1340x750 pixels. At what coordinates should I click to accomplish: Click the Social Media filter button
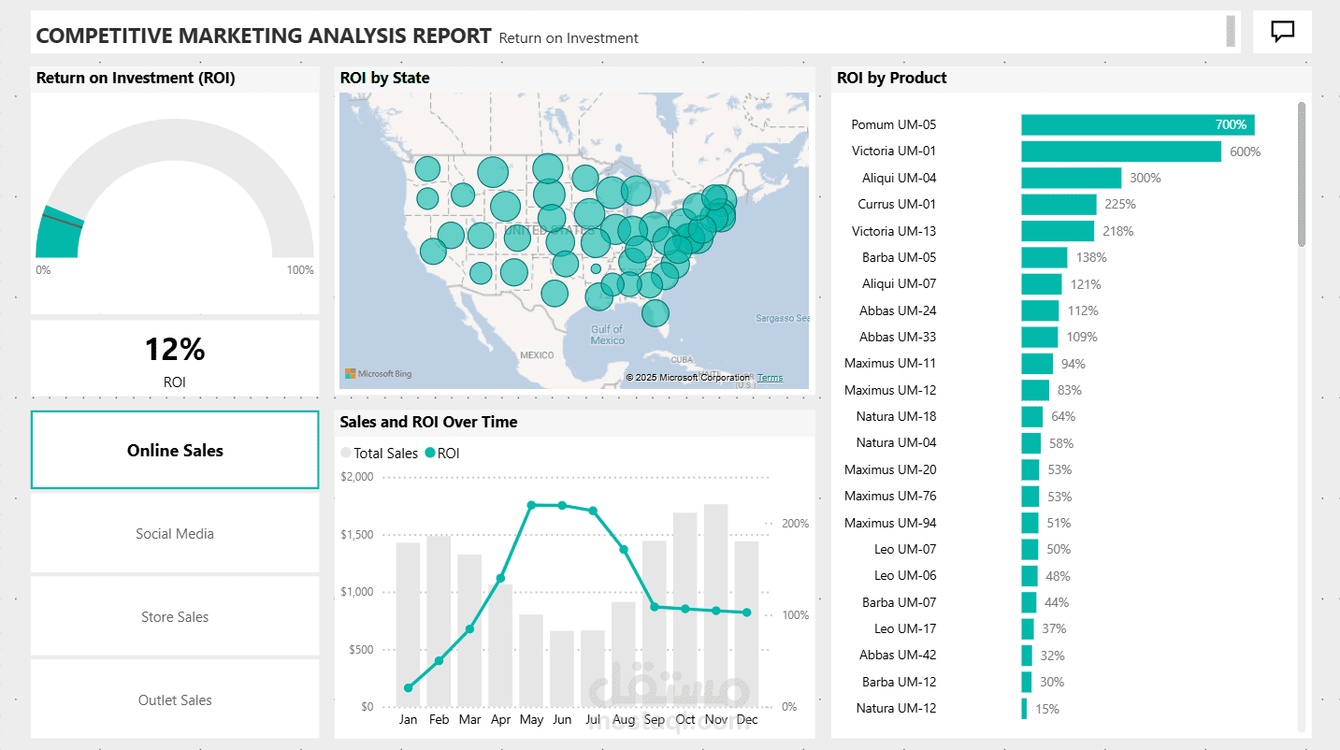[x=175, y=533]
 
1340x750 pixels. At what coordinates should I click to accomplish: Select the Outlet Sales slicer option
[x=175, y=700]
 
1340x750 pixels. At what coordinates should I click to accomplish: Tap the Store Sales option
[x=175, y=616]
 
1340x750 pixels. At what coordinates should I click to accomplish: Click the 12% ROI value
[x=174, y=350]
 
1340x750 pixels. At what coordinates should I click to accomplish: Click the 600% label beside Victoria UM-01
[x=1245, y=151]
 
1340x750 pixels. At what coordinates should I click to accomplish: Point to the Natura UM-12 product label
[x=896, y=708]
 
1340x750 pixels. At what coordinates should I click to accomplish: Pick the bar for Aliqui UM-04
[x=1071, y=178]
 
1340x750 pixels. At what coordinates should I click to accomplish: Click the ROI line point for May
[x=531, y=505]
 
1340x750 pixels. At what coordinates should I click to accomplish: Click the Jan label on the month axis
[x=408, y=720]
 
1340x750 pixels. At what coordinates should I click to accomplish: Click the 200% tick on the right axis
[x=795, y=524]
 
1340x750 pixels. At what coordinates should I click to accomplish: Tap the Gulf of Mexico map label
[x=607, y=335]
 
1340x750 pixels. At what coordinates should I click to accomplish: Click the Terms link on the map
[x=770, y=378]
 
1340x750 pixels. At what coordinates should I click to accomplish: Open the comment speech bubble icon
[x=1282, y=32]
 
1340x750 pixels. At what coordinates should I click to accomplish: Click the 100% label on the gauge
[x=300, y=270]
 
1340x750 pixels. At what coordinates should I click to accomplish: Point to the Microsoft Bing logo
[x=379, y=374]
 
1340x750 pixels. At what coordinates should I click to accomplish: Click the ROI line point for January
[x=408, y=688]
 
